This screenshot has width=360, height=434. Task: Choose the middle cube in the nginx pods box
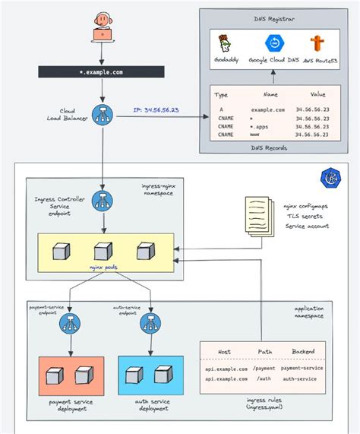pyautogui.click(x=99, y=252)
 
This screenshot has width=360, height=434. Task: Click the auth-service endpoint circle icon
pyautogui.click(x=148, y=325)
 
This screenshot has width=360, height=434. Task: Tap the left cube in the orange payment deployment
pyautogui.click(x=53, y=375)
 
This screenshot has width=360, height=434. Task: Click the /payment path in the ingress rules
pyautogui.click(x=265, y=369)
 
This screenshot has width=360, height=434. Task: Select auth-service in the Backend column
pyautogui.click(x=302, y=379)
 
